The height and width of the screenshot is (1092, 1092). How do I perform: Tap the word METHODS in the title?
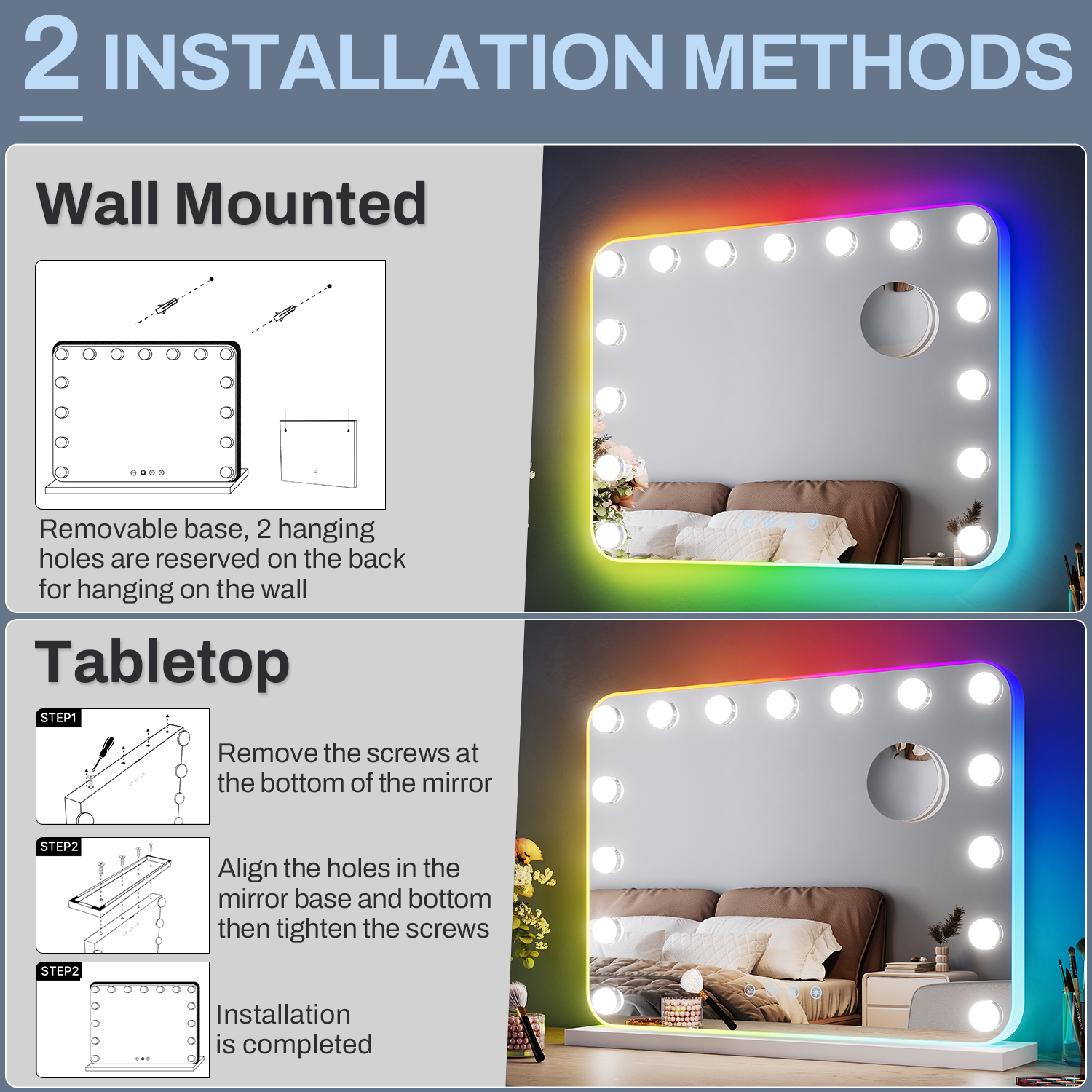pos(879,61)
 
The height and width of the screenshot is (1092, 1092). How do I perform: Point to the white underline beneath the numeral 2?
pos(51,118)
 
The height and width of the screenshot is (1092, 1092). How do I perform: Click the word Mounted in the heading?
pos(301,204)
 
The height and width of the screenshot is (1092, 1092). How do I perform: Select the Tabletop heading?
pos(162,662)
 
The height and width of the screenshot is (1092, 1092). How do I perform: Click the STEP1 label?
pos(58,718)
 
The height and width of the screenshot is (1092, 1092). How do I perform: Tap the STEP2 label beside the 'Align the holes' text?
pos(59,847)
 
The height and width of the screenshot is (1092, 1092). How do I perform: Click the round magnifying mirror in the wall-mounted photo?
pos(899,320)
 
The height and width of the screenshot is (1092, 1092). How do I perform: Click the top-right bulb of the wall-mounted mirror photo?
pos(973,229)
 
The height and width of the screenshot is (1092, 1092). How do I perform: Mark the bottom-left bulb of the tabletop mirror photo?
pos(606,1000)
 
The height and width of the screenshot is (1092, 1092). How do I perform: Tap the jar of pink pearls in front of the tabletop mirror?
pos(681,1012)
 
